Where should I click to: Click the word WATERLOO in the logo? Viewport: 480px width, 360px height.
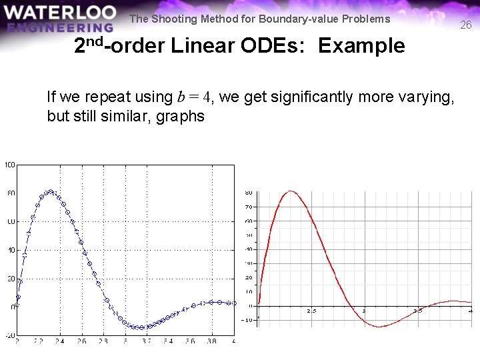click(59, 13)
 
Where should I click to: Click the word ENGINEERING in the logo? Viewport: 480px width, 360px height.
click(61, 27)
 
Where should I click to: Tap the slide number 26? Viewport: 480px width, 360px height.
click(465, 25)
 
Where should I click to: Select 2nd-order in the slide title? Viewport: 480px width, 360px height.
click(119, 46)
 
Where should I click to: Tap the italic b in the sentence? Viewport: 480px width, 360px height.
click(182, 97)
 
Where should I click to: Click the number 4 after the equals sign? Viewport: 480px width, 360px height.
click(207, 97)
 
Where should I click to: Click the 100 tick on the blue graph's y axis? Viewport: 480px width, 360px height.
click(10, 165)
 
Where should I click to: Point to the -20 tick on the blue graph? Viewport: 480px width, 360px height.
click(9, 335)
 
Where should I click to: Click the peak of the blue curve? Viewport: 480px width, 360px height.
click(49, 191)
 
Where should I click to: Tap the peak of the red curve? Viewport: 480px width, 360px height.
click(289, 192)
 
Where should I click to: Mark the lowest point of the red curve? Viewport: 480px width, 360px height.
click(379, 327)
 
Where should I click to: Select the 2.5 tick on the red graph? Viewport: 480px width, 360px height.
click(311, 311)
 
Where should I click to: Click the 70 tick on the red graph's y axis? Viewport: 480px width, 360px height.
click(249, 207)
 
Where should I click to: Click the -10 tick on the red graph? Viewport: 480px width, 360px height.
click(247, 320)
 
